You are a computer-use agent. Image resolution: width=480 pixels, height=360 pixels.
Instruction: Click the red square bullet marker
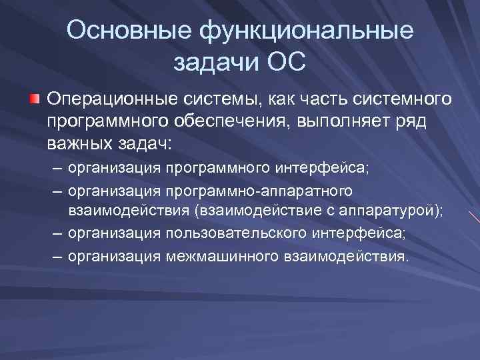(34, 99)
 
